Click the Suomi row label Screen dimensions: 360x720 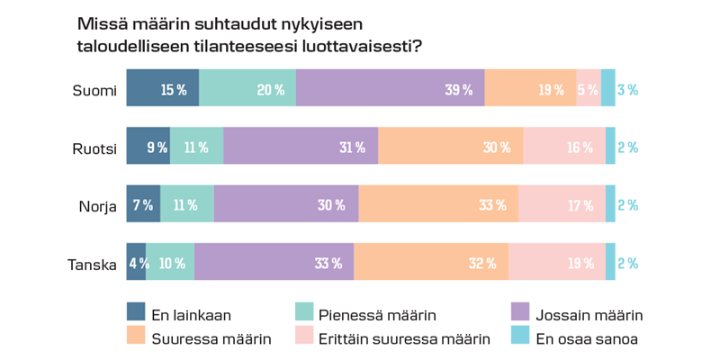click(95, 88)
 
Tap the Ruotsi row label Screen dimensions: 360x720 click(94, 147)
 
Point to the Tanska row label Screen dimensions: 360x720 click(93, 263)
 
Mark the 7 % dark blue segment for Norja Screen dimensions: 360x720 click(143, 204)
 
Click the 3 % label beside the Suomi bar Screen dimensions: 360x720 click(627, 89)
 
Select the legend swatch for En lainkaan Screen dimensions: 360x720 click(137, 313)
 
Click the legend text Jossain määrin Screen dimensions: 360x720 click(589, 315)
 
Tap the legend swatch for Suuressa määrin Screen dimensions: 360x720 click(137, 336)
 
